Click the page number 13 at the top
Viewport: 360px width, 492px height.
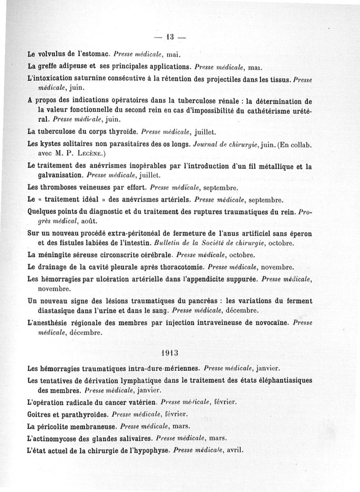pyautogui.click(x=170, y=37)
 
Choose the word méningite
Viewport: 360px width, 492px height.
pyautogui.click(x=60, y=255)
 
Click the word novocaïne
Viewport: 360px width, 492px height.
pyautogui.click(x=270, y=323)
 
